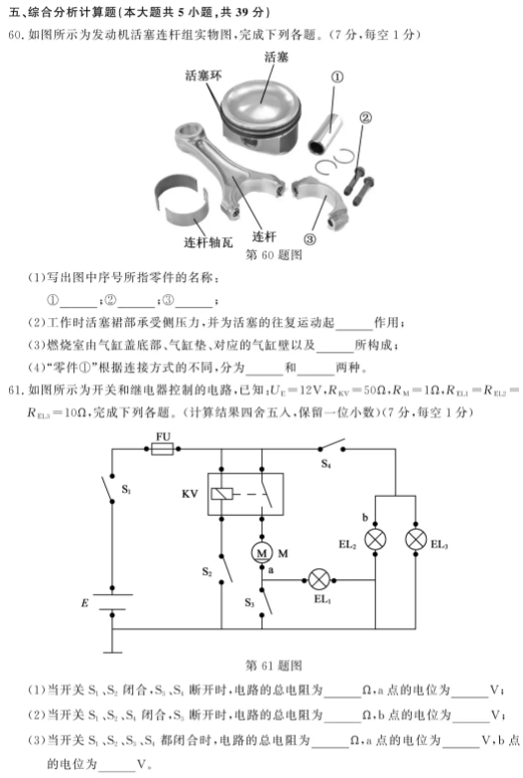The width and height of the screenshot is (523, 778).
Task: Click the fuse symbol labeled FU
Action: pyautogui.click(x=162, y=449)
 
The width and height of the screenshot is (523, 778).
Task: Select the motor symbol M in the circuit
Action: pyautogui.click(x=261, y=552)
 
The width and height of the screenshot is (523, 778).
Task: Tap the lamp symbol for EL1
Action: pyautogui.click(x=319, y=579)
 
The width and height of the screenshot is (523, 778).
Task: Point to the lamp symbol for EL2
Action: pyautogui.click(x=375, y=540)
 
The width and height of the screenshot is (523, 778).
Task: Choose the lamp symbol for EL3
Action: pyautogui.click(x=416, y=540)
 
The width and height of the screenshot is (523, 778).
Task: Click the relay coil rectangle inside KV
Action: pyautogui.click(x=221, y=494)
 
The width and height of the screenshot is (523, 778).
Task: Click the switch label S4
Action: pyautogui.click(x=326, y=464)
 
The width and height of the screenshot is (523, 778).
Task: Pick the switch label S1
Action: pyautogui.click(x=126, y=490)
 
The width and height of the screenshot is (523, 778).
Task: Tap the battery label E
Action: pyautogui.click(x=84, y=603)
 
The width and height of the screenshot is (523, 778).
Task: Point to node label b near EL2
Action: pyautogui.click(x=365, y=518)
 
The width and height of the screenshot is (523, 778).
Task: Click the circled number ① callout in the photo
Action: pyautogui.click(x=336, y=77)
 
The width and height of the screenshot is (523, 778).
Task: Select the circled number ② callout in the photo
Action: pyautogui.click(x=365, y=117)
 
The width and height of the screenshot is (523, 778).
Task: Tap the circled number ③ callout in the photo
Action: pyautogui.click(x=310, y=239)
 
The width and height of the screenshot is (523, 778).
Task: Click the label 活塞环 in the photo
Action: pyautogui.click(x=203, y=76)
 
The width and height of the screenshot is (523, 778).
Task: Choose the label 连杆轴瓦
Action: pyautogui.click(x=208, y=242)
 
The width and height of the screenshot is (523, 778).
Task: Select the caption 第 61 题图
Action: pyautogui.click(x=273, y=666)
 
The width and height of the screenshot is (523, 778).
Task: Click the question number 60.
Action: pyautogui.click(x=15, y=35)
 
